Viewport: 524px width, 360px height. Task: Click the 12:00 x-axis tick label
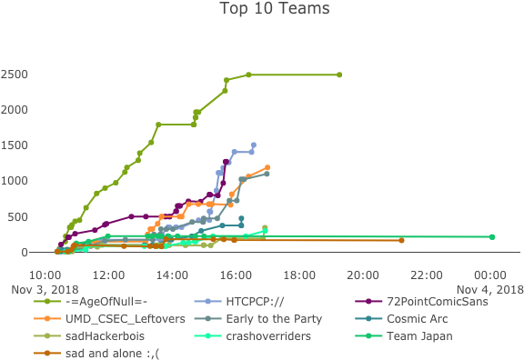[108, 275]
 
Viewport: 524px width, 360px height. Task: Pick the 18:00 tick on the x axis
[299, 275]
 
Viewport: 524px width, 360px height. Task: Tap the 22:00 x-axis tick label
[427, 275]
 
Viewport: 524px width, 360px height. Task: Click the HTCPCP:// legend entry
[256, 302]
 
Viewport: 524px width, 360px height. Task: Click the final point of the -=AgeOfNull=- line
[339, 75]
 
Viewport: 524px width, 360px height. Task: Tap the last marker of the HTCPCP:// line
[253, 145]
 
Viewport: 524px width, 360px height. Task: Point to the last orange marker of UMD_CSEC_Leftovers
[267, 167]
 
